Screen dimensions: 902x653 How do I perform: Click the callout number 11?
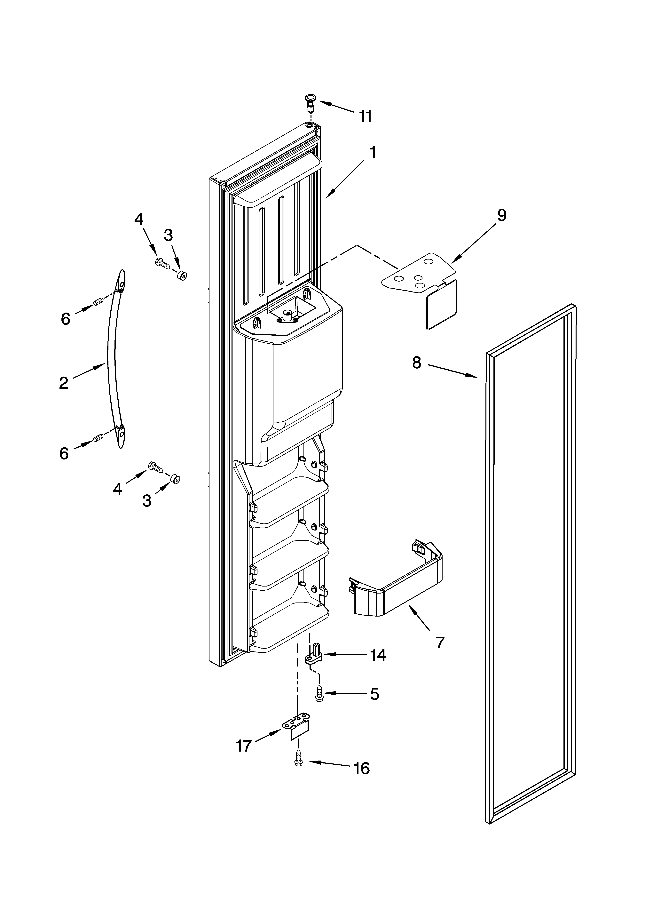pyautogui.click(x=365, y=116)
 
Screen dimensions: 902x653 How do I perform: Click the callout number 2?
pyautogui.click(x=64, y=383)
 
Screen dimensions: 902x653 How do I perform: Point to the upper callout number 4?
pyautogui.click(x=138, y=219)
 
